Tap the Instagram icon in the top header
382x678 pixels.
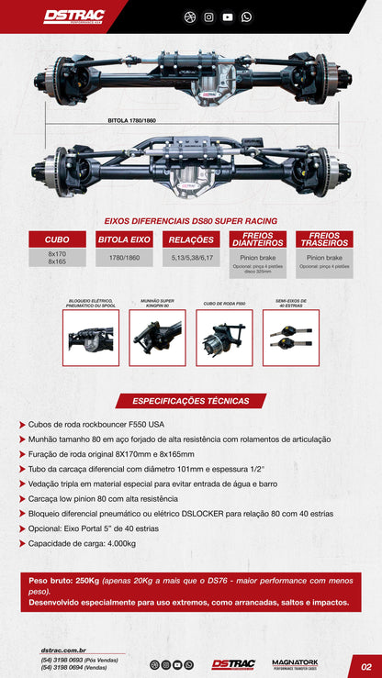click(x=209, y=17)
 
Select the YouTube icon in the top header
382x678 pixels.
click(x=228, y=17)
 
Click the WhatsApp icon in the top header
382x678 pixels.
click(x=246, y=17)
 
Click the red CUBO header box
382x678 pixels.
click(x=57, y=239)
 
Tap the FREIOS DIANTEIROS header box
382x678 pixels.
click(x=258, y=239)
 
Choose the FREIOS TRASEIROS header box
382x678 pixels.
click(x=325, y=239)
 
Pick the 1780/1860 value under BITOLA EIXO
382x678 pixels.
click(x=124, y=259)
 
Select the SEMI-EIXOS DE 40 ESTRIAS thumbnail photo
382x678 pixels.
click(x=290, y=339)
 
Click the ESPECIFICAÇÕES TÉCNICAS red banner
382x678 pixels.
click(x=191, y=401)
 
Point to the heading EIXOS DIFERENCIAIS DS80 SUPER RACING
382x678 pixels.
click(x=191, y=220)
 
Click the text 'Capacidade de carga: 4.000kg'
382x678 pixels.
click(x=83, y=542)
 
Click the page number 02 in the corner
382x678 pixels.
click(x=365, y=667)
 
